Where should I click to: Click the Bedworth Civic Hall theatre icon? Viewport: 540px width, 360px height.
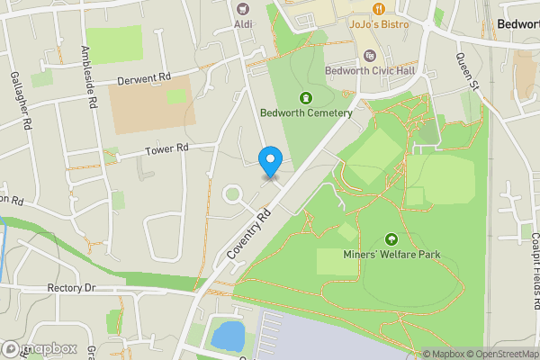pyautogui.click(x=367, y=56)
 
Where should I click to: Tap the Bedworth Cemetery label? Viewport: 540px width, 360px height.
pyautogui.click(x=305, y=113)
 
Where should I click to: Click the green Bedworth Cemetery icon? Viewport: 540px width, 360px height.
pyautogui.click(x=305, y=97)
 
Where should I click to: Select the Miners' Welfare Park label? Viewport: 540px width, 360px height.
pyautogui.click(x=391, y=256)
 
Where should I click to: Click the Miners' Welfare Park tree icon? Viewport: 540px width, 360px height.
pyautogui.click(x=391, y=239)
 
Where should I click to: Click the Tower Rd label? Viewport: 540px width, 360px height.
pyautogui.click(x=169, y=148)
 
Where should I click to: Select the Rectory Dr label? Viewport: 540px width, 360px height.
pyautogui.click(x=70, y=289)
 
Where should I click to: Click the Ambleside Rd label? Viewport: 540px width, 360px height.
pyautogui.click(x=88, y=78)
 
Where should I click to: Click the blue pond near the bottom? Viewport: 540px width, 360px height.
pyautogui.click(x=227, y=337)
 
